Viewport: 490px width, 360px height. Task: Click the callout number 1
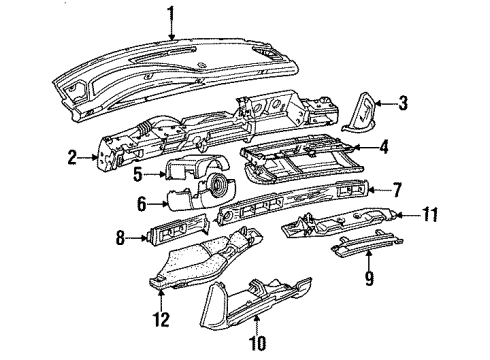tap(171, 14)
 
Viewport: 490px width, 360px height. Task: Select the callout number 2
tap(72, 158)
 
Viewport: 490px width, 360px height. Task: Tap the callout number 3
tap(403, 103)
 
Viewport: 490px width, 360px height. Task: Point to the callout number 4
tap(384, 147)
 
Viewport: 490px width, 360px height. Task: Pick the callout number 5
tap(138, 174)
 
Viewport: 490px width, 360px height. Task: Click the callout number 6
tap(142, 204)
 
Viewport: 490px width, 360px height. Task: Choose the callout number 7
tap(396, 190)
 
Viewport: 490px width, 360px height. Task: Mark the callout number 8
tap(120, 238)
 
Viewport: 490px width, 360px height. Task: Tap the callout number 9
tap(369, 278)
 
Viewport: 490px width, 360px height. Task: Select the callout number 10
tap(257, 343)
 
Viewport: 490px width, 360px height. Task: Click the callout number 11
tap(429, 214)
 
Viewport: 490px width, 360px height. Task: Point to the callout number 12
tap(161, 319)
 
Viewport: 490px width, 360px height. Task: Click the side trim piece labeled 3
tap(359, 113)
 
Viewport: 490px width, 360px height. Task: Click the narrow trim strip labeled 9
tap(367, 244)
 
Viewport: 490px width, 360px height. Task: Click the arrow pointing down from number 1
tap(171, 32)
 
